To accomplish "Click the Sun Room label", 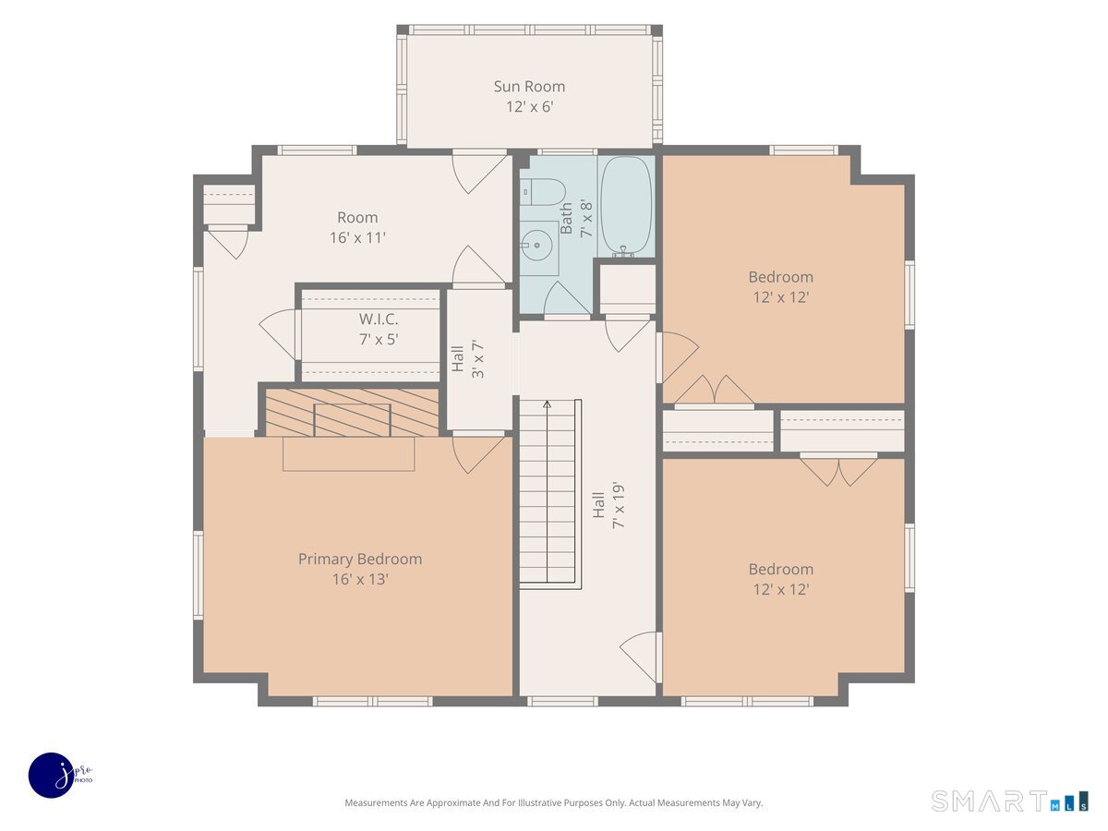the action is (x=529, y=87).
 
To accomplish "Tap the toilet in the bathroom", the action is (x=542, y=192).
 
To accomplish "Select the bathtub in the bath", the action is (x=626, y=206).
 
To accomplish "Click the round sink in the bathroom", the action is (x=536, y=246).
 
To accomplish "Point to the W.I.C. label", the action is (x=379, y=319).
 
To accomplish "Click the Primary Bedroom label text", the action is (x=360, y=559).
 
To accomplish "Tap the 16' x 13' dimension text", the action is (x=360, y=579).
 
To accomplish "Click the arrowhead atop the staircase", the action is (x=548, y=403).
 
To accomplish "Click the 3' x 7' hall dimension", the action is (x=477, y=359).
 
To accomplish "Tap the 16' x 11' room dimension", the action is (x=357, y=237).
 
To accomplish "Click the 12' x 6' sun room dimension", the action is (x=529, y=107).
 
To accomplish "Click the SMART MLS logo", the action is (x=1009, y=801).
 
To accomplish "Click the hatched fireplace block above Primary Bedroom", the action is (x=352, y=413).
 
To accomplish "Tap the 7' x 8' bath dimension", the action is (x=586, y=219).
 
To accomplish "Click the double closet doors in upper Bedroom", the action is (x=714, y=391).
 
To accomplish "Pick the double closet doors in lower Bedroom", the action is (x=838, y=470).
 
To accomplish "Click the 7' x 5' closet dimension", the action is (x=379, y=340).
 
